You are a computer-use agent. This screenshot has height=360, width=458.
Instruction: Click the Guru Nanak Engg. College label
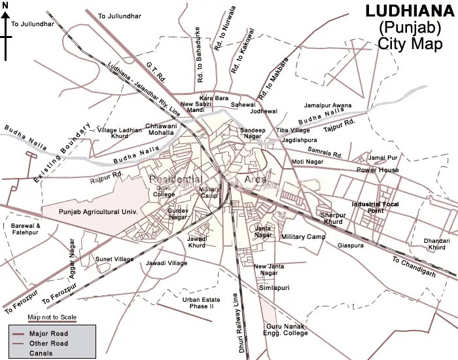pos(287,329)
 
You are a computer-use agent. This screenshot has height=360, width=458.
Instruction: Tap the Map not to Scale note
pos(52,318)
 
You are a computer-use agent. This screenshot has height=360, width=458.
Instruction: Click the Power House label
pos(378,170)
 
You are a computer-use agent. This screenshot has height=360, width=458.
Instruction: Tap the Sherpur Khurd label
pos(332,218)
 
